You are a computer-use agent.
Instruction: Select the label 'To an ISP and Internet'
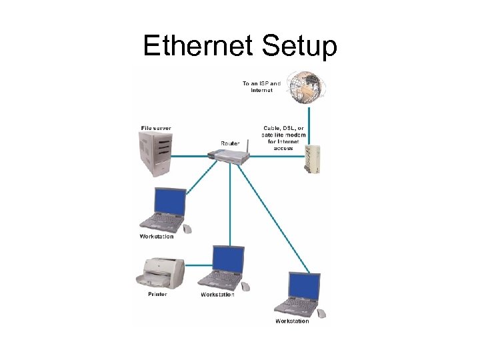coord(261,87)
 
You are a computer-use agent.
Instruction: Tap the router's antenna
coord(245,145)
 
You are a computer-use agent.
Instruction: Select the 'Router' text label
coord(230,143)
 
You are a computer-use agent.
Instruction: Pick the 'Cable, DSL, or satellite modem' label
coord(283,137)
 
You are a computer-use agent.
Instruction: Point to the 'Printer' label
coord(158,294)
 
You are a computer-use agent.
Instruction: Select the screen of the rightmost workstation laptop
coord(303,285)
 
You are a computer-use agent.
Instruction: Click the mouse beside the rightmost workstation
coord(321,313)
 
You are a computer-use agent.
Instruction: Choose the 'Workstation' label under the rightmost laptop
coord(292,321)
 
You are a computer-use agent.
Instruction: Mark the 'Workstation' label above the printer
coord(157,236)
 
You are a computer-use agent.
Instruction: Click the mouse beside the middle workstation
coord(245,286)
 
